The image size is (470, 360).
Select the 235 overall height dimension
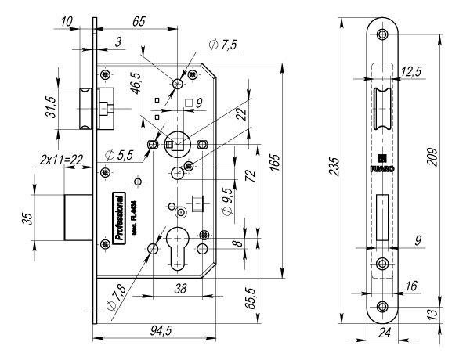[333, 169]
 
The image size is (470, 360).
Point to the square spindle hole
[177, 142]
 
